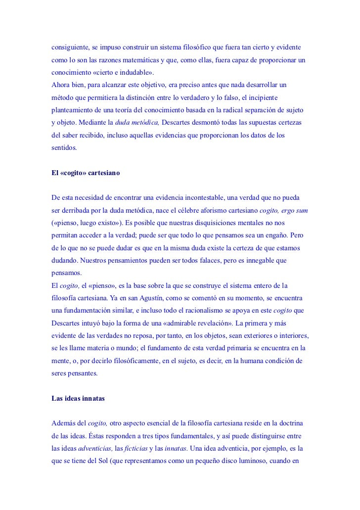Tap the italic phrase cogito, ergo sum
(x=283, y=211)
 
